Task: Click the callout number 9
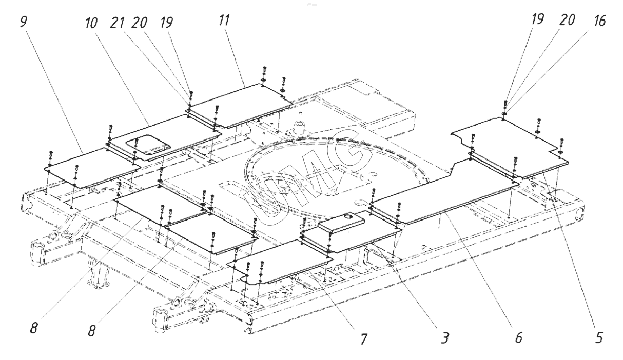(24, 22)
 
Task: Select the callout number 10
(91, 23)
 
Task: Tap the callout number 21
(117, 22)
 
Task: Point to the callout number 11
(224, 20)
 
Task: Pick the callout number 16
(599, 21)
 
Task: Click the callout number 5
(598, 337)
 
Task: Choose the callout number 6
(519, 337)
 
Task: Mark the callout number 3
(445, 338)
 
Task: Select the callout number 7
(363, 338)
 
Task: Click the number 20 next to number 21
(139, 22)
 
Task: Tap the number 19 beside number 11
(166, 22)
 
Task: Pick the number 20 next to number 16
(567, 20)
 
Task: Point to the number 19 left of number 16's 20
(537, 19)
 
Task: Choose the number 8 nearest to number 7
(91, 331)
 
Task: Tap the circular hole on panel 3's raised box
(347, 216)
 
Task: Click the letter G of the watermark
(352, 151)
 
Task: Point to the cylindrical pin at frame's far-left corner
(38, 254)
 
